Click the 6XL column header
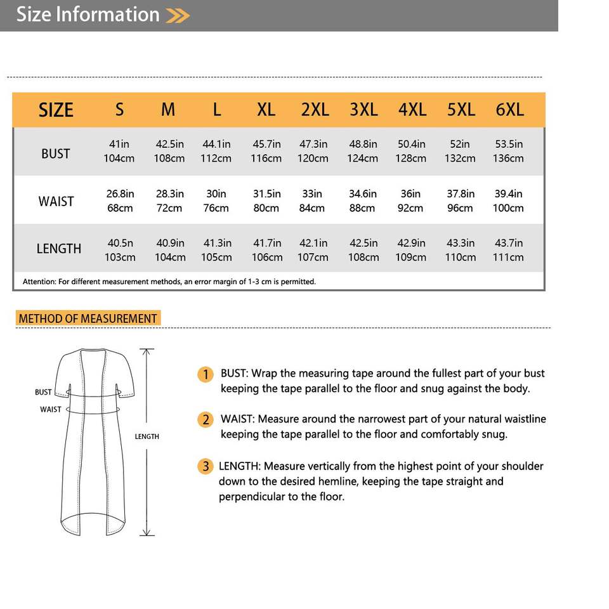(510, 110)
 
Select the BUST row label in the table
(56, 154)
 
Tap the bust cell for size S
(119, 151)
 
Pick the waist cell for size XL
(266, 200)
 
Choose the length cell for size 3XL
(363, 250)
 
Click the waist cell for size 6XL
(508, 200)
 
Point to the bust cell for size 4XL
(411, 151)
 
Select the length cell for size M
(170, 250)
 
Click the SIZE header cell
(56, 110)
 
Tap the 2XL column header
(315, 110)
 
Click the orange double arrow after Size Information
(178, 15)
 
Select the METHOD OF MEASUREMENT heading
(88, 318)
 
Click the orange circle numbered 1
(205, 374)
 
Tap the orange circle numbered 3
(205, 467)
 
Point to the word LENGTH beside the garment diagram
(147, 436)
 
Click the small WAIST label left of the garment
(51, 409)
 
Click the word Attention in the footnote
(39, 282)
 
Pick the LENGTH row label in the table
(59, 249)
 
